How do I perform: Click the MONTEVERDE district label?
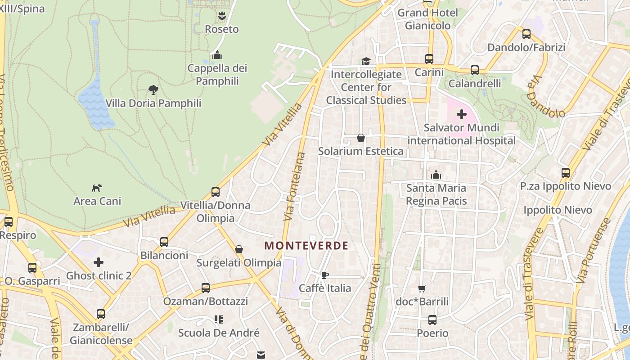click(x=306, y=246)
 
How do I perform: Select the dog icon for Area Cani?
click(x=97, y=188)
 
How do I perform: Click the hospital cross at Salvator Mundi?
click(x=461, y=115)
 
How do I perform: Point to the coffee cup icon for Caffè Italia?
click(x=325, y=275)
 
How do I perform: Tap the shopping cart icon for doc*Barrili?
click(x=422, y=288)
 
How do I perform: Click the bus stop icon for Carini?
click(x=429, y=59)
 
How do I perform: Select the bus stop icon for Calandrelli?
click(x=475, y=70)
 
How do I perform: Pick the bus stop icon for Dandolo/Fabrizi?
click(x=526, y=34)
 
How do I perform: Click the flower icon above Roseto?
click(x=221, y=16)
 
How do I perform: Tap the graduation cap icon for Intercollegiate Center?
click(x=366, y=61)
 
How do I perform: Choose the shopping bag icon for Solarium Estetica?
click(x=360, y=138)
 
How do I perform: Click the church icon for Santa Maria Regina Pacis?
click(x=436, y=175)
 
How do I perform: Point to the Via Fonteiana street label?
click(x=295, y=186)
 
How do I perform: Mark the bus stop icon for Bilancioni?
click(x=164, y=242)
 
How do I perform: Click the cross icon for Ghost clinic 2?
click(x=99, y=262)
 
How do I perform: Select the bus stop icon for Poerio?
click(x=432, y=320)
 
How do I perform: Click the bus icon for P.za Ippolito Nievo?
click(x=565, y=173)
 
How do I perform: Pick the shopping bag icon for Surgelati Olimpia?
click(x=239, y=249)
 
